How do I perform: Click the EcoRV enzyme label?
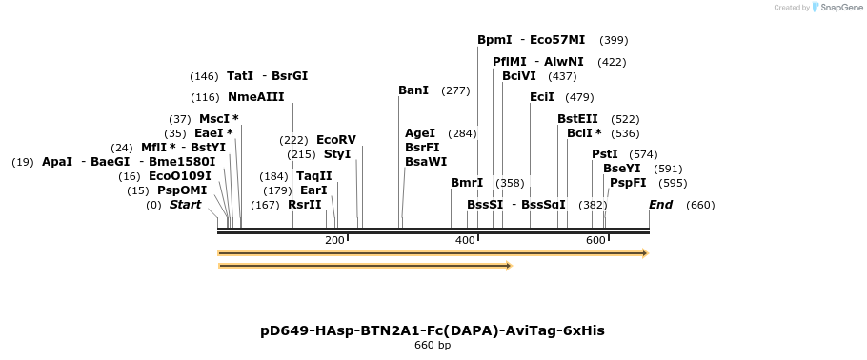coord(335,139)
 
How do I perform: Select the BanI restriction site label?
coord(413,90)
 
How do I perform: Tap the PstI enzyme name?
coord(604,154)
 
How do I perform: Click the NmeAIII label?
coord(255,97)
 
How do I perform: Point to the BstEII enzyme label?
coord(577,119)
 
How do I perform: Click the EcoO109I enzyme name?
coord(178,176)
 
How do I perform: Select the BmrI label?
coord(466,183)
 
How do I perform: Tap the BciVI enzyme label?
coord(518,76)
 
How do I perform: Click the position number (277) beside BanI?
coord(455,90)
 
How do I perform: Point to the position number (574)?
coord(643,154)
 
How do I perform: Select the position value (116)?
coord(205,97)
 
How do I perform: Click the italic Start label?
coord(185,205)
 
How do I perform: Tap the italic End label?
coord(660,205)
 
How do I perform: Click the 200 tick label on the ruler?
coord(334,240)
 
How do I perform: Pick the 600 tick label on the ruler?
coord(595,240)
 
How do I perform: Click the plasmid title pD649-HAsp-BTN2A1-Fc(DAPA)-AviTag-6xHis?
coord(433,330)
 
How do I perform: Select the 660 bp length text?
coord(433,346)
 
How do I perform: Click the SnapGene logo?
coord(833,8)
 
